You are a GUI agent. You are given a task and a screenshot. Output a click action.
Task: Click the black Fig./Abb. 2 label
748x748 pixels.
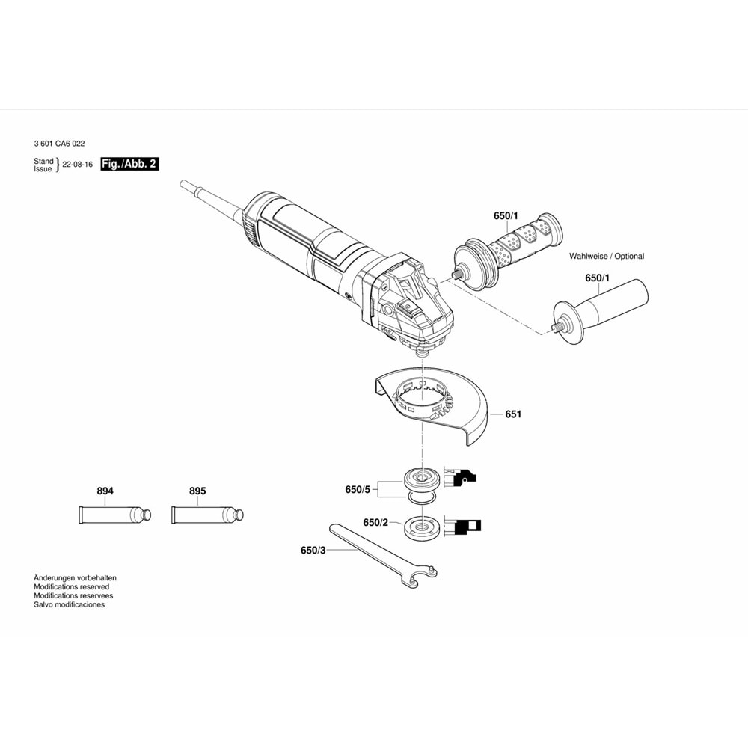[129, 164]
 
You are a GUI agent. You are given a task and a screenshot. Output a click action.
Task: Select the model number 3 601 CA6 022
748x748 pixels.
[60, 144]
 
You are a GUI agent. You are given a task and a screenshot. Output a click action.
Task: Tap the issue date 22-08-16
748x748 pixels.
[78, 165]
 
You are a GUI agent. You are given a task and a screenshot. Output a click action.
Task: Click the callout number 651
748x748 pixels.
[513, 414]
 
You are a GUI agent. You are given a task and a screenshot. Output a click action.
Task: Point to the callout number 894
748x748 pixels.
[105, 491]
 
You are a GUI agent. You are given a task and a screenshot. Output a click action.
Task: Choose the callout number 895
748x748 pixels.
[197, 491]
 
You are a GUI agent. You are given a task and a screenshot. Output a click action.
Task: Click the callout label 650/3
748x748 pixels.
[313, 551]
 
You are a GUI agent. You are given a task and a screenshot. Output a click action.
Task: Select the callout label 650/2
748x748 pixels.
[375, 523]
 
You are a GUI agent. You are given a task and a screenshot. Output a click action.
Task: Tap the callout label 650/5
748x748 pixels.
[358, 489]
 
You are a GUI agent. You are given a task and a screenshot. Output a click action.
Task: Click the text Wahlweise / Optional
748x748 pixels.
[607, 256]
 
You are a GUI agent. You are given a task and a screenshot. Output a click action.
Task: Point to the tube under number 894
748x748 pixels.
[115, 515]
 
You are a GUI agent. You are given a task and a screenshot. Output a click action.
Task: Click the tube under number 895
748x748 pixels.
[207, 515]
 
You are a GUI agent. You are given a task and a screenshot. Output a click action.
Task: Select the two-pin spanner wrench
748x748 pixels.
[383, 557]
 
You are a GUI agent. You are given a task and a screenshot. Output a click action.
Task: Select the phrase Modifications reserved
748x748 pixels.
[72, 586]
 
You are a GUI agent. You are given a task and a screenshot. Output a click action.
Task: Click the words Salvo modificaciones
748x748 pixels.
[69, 604]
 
